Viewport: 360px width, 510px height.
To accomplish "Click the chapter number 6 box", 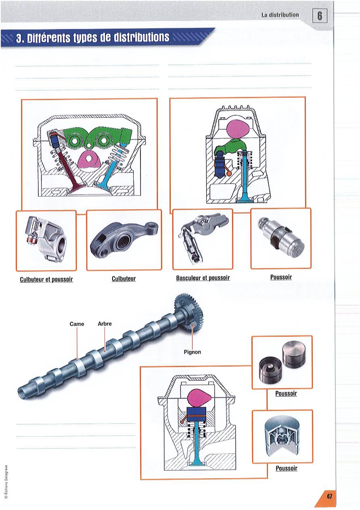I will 320,16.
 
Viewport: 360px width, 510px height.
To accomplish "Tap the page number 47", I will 329,496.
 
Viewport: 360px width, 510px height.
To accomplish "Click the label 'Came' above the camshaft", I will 77,324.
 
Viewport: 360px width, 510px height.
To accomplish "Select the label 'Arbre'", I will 105,324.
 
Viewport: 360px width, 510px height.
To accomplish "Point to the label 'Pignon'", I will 192,352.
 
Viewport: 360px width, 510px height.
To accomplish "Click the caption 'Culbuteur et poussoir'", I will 46,279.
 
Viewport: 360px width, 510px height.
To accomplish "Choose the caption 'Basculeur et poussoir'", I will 203,278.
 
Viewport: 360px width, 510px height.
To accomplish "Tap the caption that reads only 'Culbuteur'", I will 123,279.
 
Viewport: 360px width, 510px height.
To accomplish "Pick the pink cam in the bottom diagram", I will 198,397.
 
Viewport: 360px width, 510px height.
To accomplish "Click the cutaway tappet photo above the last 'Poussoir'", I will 282,436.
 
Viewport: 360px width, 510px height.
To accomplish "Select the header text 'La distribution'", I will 280,15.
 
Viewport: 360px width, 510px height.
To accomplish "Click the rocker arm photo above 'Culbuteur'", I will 124,240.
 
